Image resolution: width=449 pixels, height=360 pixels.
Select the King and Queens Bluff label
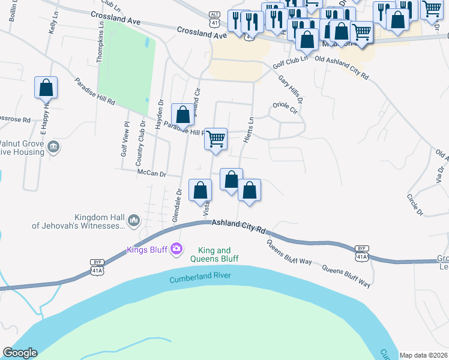[x=214, y=254]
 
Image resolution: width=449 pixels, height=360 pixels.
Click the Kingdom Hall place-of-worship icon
[x=133, y=221]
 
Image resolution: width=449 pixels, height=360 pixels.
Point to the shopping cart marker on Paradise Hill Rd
[x=215, y=139]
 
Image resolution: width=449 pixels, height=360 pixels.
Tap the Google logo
[x=20, y=353]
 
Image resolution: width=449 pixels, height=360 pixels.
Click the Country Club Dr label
[x=140, y=144]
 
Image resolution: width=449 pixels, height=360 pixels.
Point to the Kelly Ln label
[x=53, y=25]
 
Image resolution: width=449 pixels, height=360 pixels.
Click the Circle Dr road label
[x=415, y=205]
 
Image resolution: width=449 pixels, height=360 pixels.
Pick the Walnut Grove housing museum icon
[x=53, y=147]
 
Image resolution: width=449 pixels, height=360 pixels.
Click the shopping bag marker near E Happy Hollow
[x=46, y=88]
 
